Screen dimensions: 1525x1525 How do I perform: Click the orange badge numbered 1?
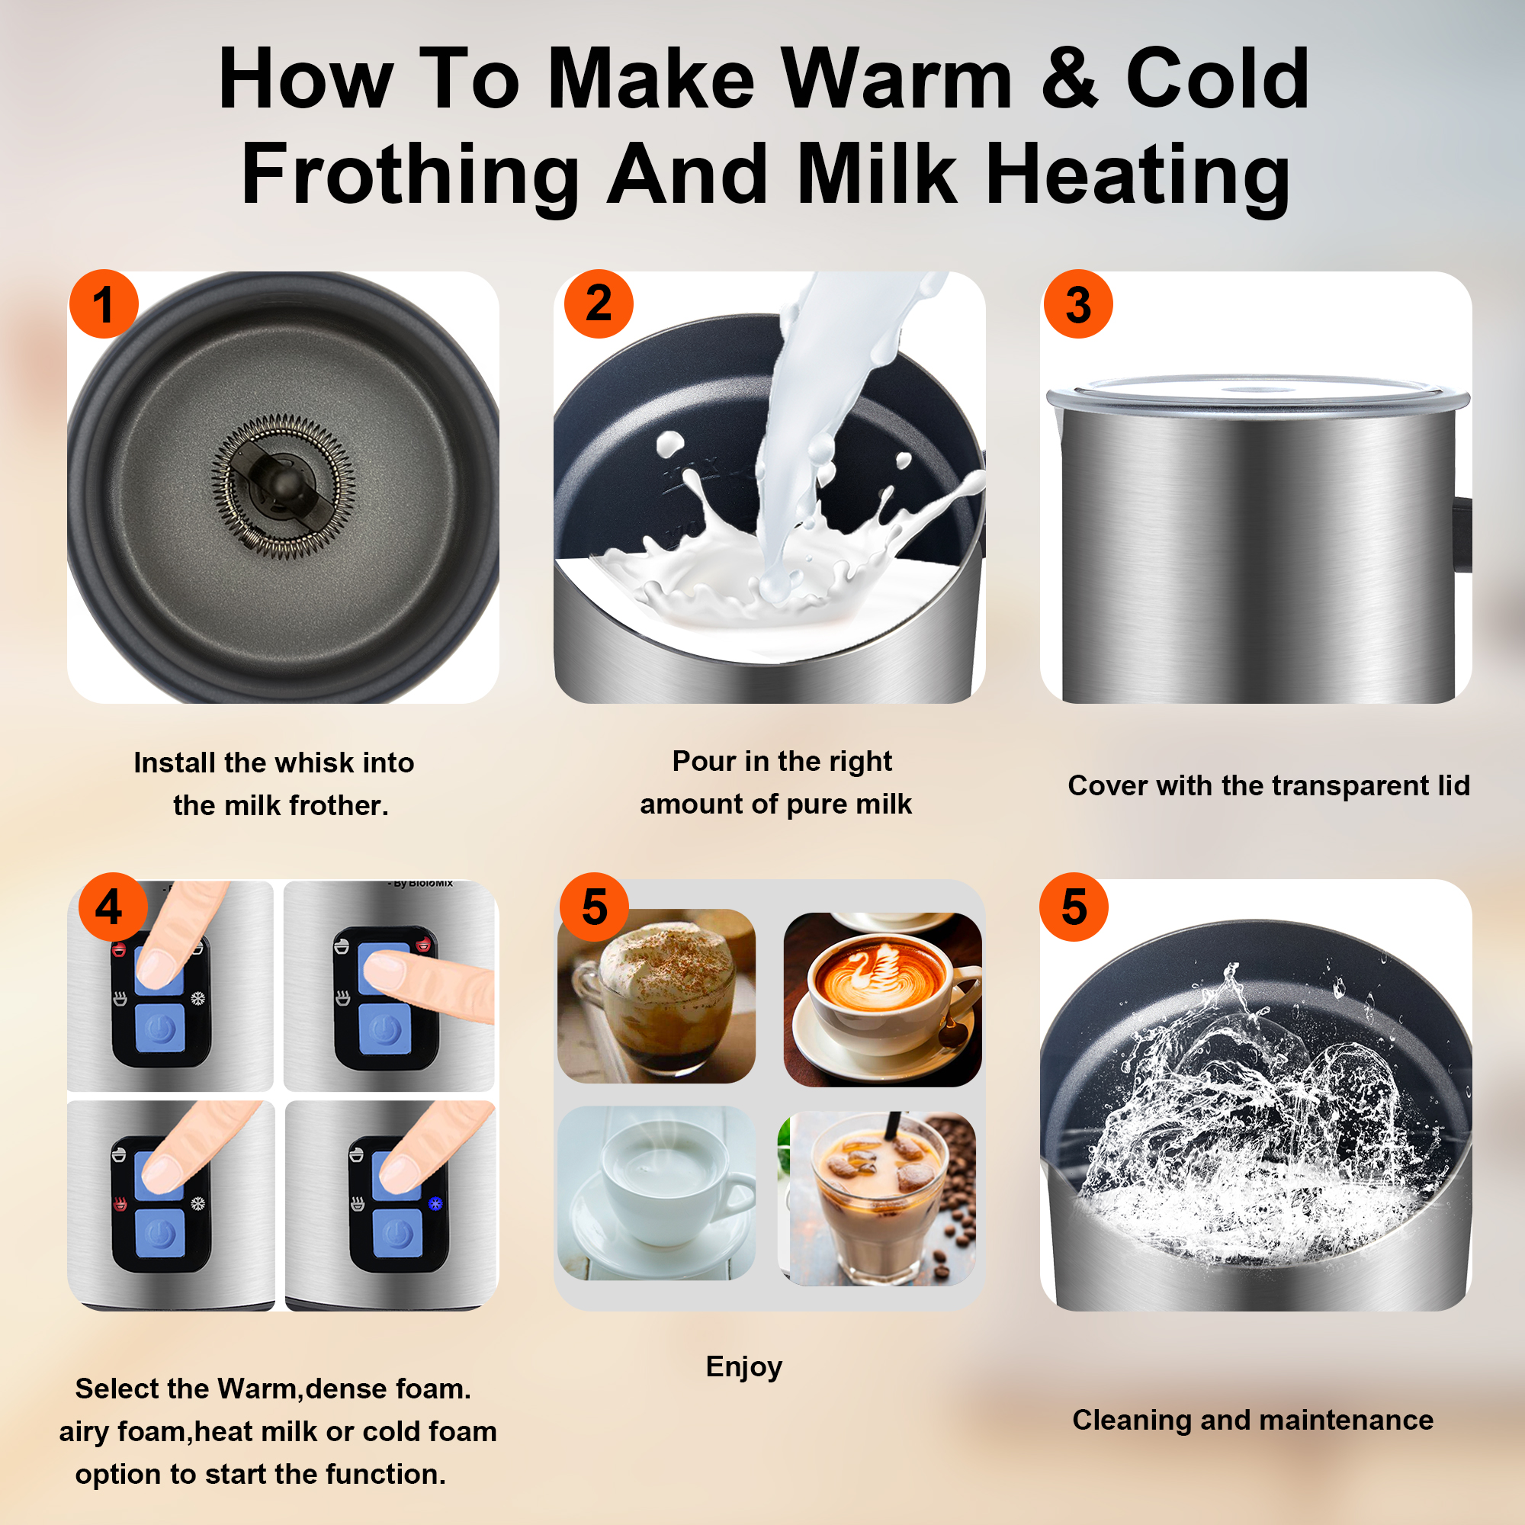[104, 304]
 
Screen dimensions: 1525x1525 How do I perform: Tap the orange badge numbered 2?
[599, 304]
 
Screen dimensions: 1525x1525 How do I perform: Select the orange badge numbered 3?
[1078, 304]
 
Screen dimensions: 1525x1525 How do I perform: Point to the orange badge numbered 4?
[113, 906]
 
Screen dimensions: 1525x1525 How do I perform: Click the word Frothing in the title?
[410, 175]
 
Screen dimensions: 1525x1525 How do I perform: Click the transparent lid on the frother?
[1258, 391]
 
